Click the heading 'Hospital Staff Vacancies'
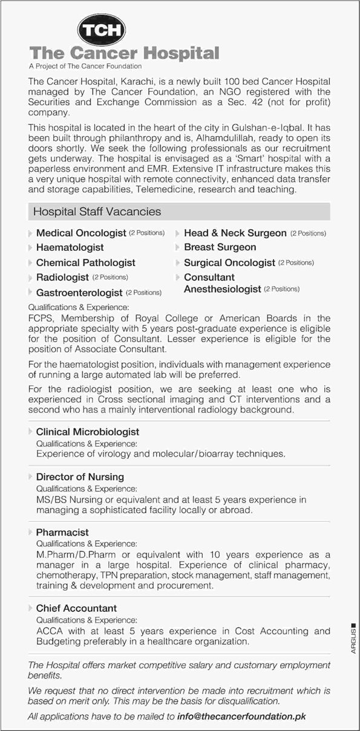pos(97,212)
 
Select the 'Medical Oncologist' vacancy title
pos(81,233)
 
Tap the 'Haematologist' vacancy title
pos(70,247)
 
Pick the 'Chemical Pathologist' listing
pos(85,263)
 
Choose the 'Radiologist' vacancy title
pos(62,278)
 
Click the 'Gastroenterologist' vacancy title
pos(79,293)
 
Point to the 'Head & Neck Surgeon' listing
pos(235,233)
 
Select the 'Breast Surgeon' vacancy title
pos(220,247)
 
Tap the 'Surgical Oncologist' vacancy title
pos(229,263)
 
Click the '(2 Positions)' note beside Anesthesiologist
pos(282,290)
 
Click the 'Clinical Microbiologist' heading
pos(87,432)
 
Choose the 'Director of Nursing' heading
pos(80,477)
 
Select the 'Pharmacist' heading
pos(62,532)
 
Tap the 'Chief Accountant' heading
pos(76,608)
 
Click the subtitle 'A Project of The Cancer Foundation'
pos(85,66)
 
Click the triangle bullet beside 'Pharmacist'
pos(31,532)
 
